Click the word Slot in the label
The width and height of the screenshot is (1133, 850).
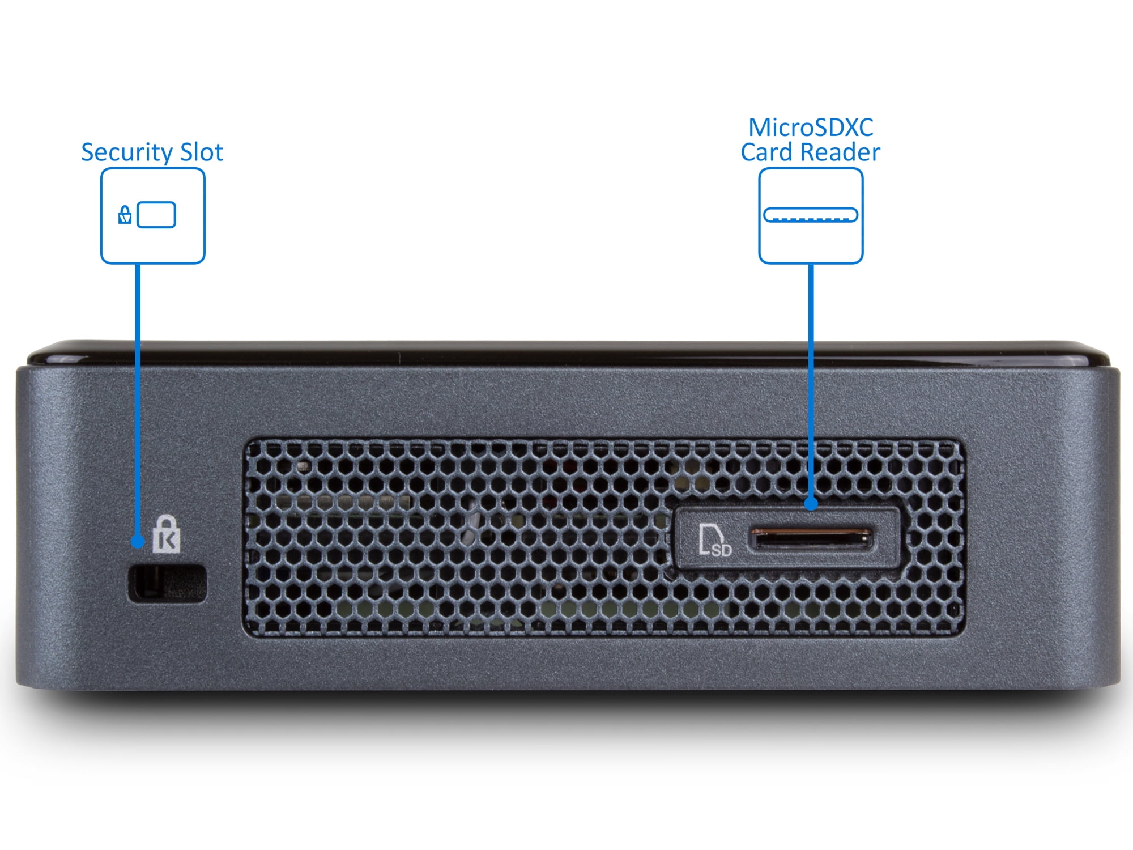tap(201, 152)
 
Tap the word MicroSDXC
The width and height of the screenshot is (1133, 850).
tap(811, 127)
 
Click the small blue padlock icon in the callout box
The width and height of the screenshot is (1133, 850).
tap(125, 215)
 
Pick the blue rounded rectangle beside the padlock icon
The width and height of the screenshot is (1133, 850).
tap(156, 215)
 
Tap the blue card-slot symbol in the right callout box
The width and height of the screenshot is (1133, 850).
tap(811, 215)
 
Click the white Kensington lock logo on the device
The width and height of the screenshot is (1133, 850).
tap(166, 534)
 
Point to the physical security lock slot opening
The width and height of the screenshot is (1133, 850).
tap(168, 583)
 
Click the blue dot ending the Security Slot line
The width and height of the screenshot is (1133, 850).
tap(137, 542)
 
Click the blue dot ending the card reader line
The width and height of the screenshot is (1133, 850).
tap(811, 503)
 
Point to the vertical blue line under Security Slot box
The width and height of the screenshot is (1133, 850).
tap(138, 397)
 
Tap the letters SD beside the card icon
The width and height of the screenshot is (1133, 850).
tap(722, 550)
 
